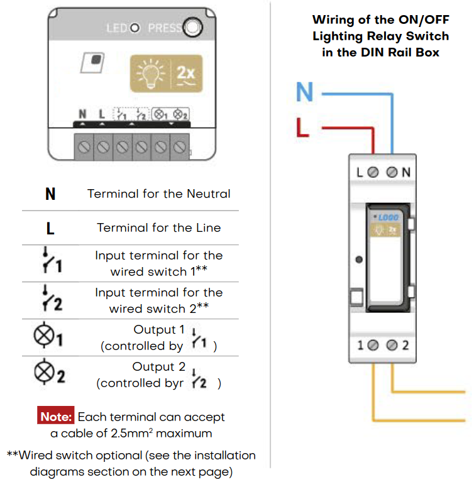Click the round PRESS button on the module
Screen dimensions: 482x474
pos(193,28)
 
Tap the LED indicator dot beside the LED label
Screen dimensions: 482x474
pos(134,28)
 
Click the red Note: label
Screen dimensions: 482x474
pos(57,417)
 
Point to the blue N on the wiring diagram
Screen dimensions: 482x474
pos(304,92)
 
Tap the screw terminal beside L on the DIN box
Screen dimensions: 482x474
pos(373,172)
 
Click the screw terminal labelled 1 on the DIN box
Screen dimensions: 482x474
pos(373,345)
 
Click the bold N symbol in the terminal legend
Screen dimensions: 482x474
pos(50,194)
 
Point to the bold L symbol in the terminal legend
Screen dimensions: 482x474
pos(50,228)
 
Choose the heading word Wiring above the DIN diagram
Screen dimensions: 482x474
pos(334,20)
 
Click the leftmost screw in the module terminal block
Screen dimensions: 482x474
pos(84,147)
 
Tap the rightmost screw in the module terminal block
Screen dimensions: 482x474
pos(180,147)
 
